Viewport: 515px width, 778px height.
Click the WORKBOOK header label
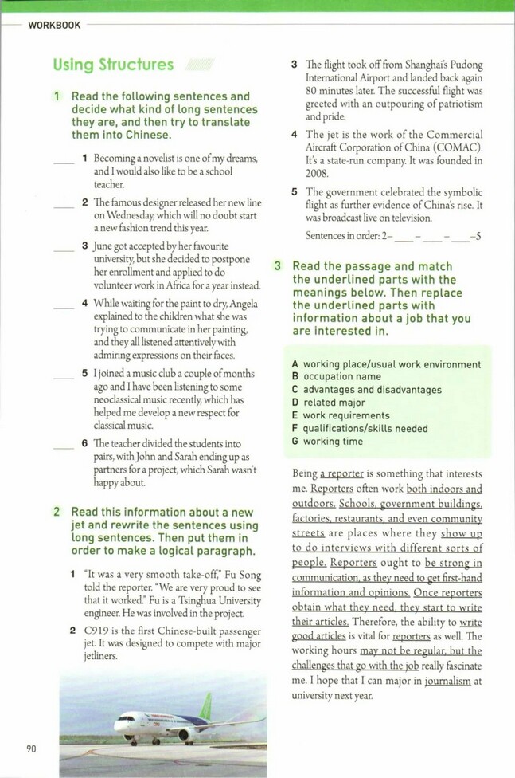(54, 26)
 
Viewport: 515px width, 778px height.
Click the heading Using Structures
(113, 65)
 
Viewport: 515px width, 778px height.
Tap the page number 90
(31, 749)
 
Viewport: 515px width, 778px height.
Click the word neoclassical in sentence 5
(128, 399)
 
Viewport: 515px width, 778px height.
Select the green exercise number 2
(57, 511)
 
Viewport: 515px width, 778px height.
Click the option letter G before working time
(295, 441)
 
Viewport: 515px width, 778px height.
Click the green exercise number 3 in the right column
(278, 266)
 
